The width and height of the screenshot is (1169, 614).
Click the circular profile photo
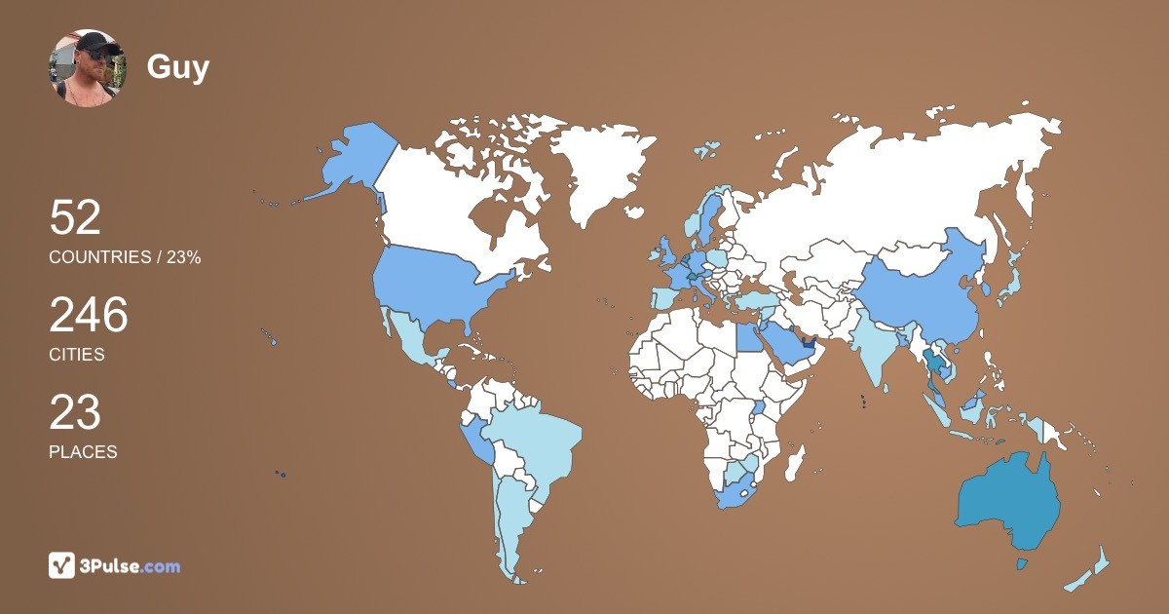pyautogui.click(x=88, y=67)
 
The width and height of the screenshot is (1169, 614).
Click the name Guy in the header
pyautogui.click(x=177, y=67)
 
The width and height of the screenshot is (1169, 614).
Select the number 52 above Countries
pyautogui.click(x=75, y=218)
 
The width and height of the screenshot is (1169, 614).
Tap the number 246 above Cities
pyautogui.click(x=89, y=316)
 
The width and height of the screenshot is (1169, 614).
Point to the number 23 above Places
pyautogui.click(x=75, y=413)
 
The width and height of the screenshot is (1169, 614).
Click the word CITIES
pyautogui.click(x=77, y=355)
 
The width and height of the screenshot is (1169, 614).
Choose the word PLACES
pyautogui.click(x=83, y=452)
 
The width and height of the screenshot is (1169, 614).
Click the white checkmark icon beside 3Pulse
pyautogui.click(x=62, y=565)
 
